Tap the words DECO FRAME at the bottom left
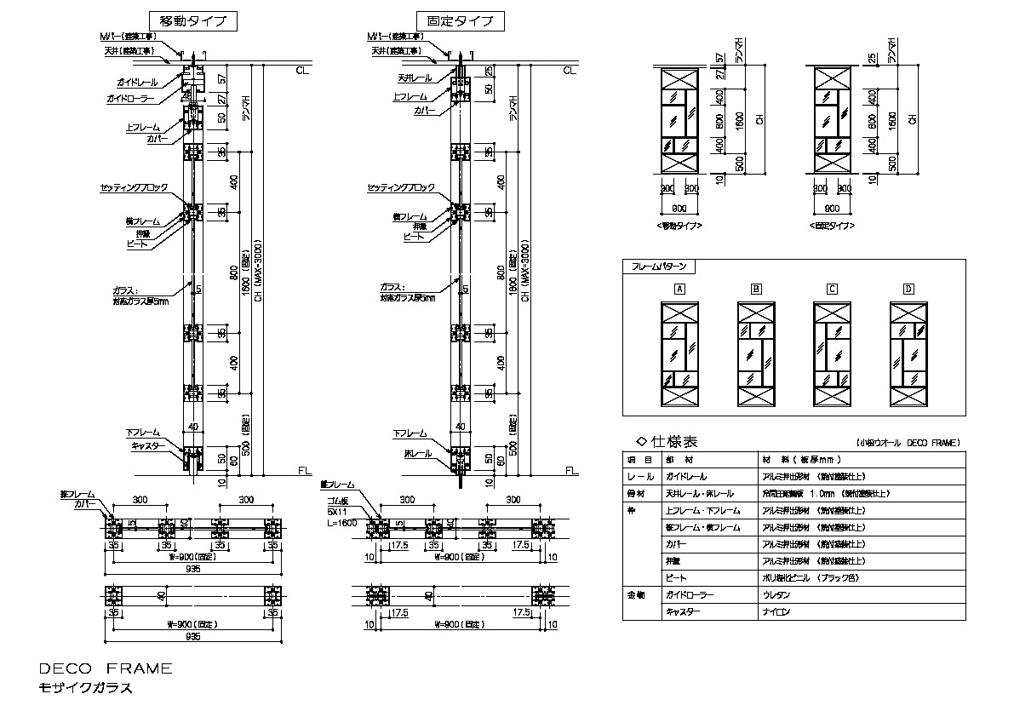click(106, 668)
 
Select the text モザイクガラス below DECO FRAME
click(86, 688)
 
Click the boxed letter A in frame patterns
click(679, 289)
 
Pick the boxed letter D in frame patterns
click(908, 289)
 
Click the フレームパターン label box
click(661, 266)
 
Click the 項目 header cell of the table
click(639, 460)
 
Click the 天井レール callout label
click(415, 77)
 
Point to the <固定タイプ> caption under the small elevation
click(832, 227)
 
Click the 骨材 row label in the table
click(637, 493)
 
